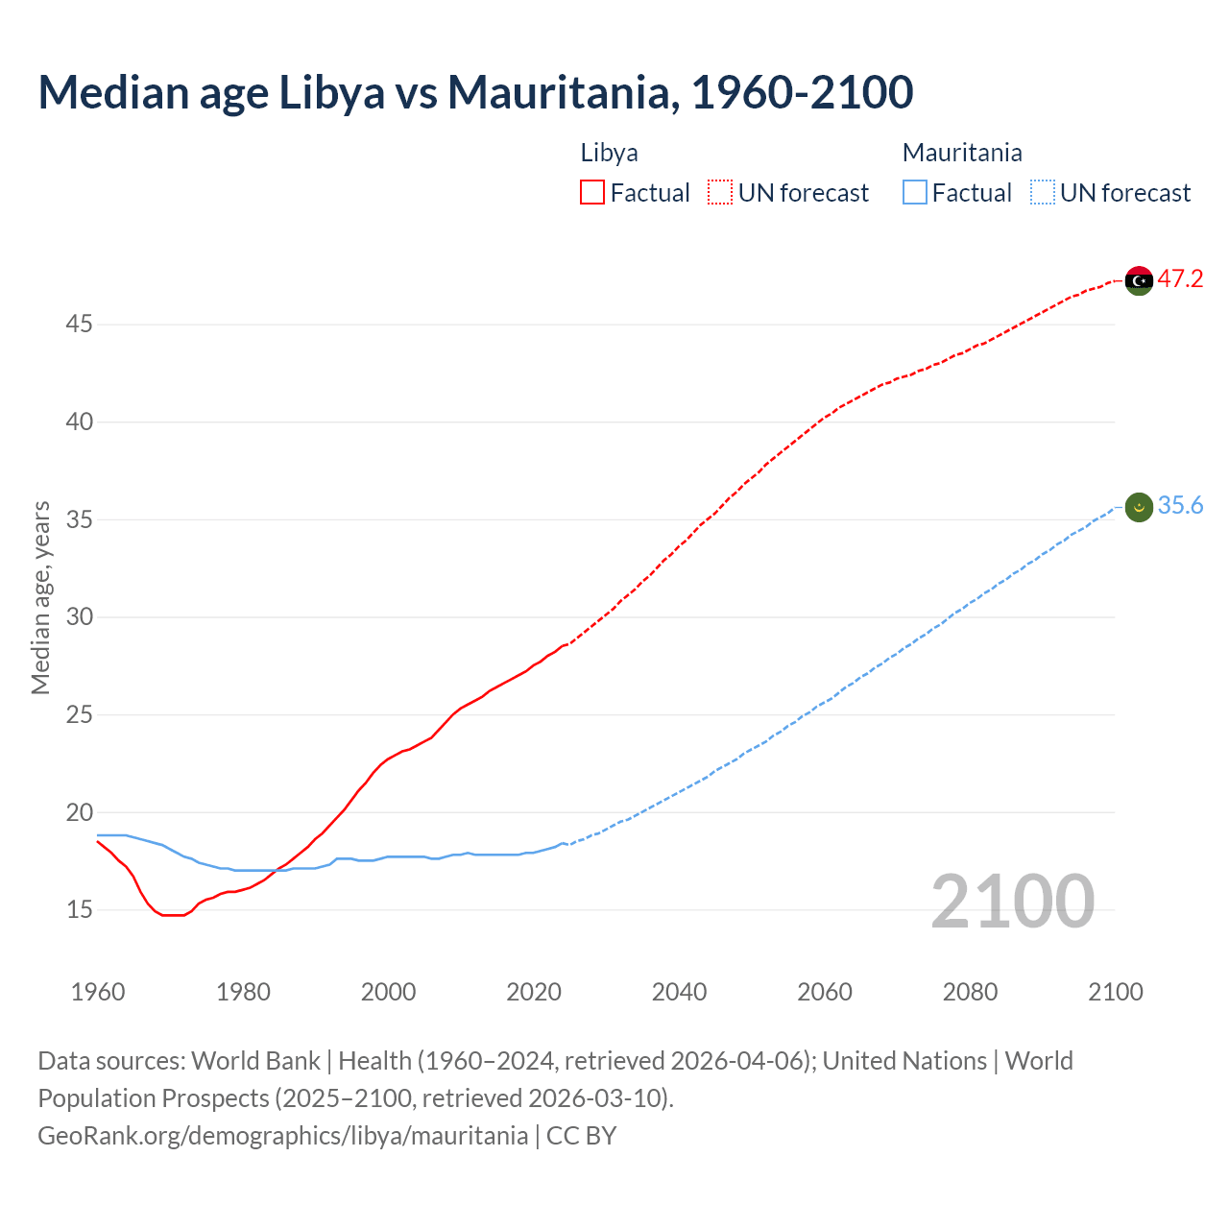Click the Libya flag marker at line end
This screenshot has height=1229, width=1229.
(1139, 280)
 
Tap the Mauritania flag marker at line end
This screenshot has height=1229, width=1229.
(1139, 507)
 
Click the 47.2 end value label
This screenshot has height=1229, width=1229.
(1180, 279)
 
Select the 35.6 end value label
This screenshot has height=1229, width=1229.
(1180, 506)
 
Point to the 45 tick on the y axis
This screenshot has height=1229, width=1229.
(79, 325)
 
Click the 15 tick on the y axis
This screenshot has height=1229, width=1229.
(79, 909)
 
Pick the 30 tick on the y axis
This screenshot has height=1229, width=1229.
(79, 616)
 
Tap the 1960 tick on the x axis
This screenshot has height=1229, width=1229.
(98, 992)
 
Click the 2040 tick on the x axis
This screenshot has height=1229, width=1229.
(679, 992)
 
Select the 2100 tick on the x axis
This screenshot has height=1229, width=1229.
(1116, 992)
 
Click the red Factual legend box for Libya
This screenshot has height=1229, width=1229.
(592, 193)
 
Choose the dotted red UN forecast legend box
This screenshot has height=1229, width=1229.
(720, 193)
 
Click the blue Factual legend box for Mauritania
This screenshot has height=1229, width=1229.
(915, 193)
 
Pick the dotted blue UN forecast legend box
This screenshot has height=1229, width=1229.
(1042, 193)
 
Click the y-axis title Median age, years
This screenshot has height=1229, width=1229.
(40, 597)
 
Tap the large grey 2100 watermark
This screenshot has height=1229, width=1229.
(1013, 901)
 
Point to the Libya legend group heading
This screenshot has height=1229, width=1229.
(609, 153)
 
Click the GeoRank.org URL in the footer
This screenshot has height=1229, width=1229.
(282, 1136)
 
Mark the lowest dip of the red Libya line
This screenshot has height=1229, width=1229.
(173, 915)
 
